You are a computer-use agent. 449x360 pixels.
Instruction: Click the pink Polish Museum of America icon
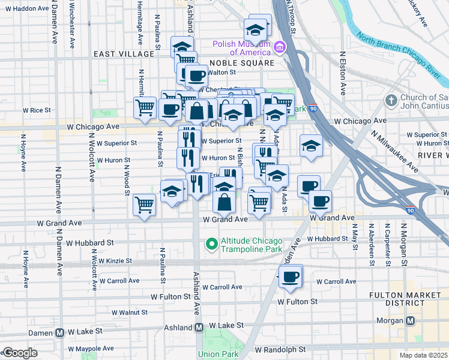(279, 47)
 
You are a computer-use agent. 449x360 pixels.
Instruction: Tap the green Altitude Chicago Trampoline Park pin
(211, 244)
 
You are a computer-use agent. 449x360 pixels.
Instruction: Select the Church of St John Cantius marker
(391, 100)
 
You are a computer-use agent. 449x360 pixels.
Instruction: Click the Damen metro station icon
(60, 332)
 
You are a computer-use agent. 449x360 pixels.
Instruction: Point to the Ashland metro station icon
(199, 328)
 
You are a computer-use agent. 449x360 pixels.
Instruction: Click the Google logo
(20, 353)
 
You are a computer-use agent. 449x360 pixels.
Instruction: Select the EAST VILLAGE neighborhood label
(124, 54)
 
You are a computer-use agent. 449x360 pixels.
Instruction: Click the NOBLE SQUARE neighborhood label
(242, 62)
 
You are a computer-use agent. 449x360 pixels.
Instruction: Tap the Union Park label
(217, 354)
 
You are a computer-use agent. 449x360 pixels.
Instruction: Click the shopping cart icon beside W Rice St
(145, 108)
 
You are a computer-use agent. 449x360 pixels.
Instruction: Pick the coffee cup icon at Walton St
(196, 76)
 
